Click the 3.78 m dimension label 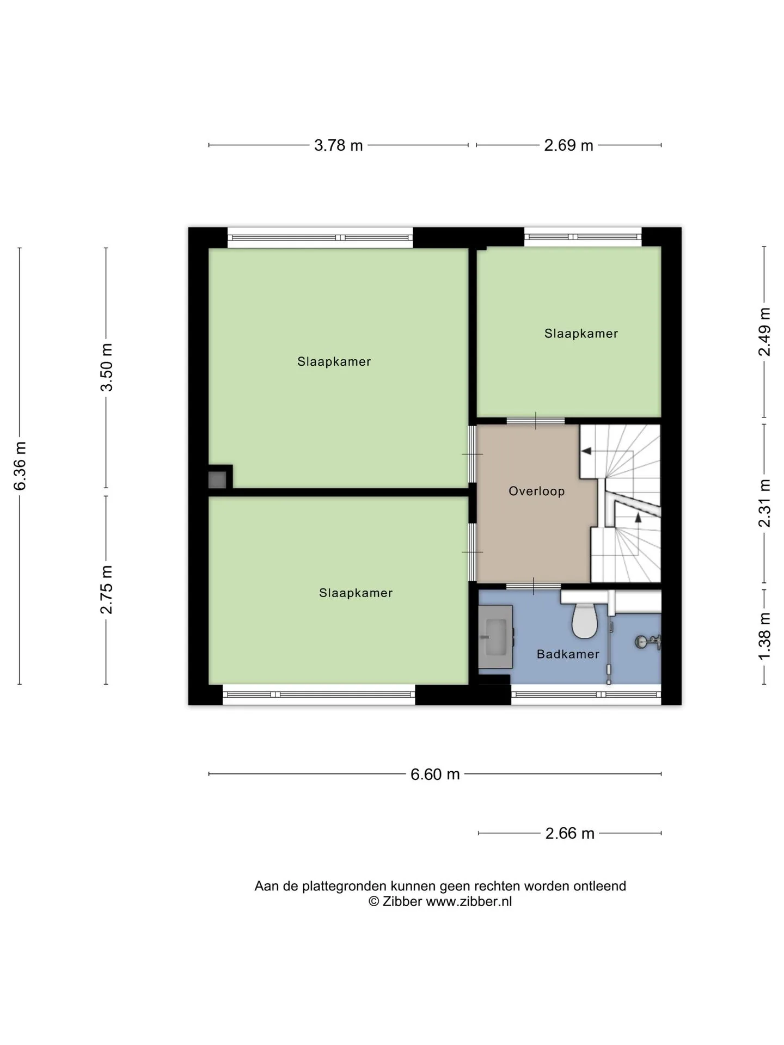click(338, 145)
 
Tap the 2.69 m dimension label click(568, 145)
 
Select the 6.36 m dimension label click(20, 466)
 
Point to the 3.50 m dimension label click(106, 367)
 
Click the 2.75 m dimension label click(106, 589)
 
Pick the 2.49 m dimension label click(764, 332)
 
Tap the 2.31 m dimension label click(764, 503)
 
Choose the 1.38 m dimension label click(764, 636)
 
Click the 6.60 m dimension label click(435, 774)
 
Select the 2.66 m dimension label click(569, 833)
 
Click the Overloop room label click(536, 491)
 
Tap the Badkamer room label click(568, 654)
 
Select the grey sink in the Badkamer click(495, 637)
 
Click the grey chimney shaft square click(217, 480)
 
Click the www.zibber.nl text click(469, 901)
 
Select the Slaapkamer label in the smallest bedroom click(581, 334)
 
